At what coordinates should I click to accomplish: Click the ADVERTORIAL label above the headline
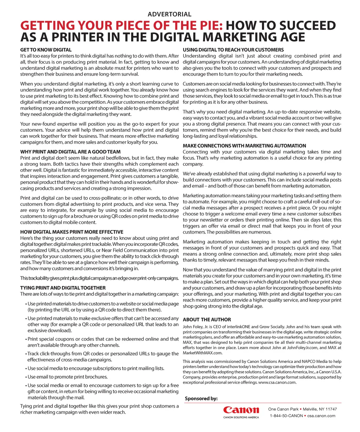pos(169,14)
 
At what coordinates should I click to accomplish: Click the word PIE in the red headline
pos(207,26)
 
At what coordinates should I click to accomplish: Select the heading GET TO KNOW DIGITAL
pos(46,50)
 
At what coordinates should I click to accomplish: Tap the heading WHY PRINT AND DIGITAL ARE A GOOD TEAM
pos(70,152)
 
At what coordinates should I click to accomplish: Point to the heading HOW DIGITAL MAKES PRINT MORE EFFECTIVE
pos(72,232)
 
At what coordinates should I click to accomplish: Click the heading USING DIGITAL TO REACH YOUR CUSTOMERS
pos(233,50)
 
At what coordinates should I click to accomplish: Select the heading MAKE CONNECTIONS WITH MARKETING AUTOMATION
pos(244,146)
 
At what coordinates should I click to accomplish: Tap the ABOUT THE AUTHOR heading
pos(207,320)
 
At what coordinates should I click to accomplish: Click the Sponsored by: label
pos(201,398)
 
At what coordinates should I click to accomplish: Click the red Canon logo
pos(241,410)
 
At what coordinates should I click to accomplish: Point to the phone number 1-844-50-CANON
pos(286,416)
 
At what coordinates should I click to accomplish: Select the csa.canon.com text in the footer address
pos(321,416)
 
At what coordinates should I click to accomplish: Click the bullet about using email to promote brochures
pos(67,377)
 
